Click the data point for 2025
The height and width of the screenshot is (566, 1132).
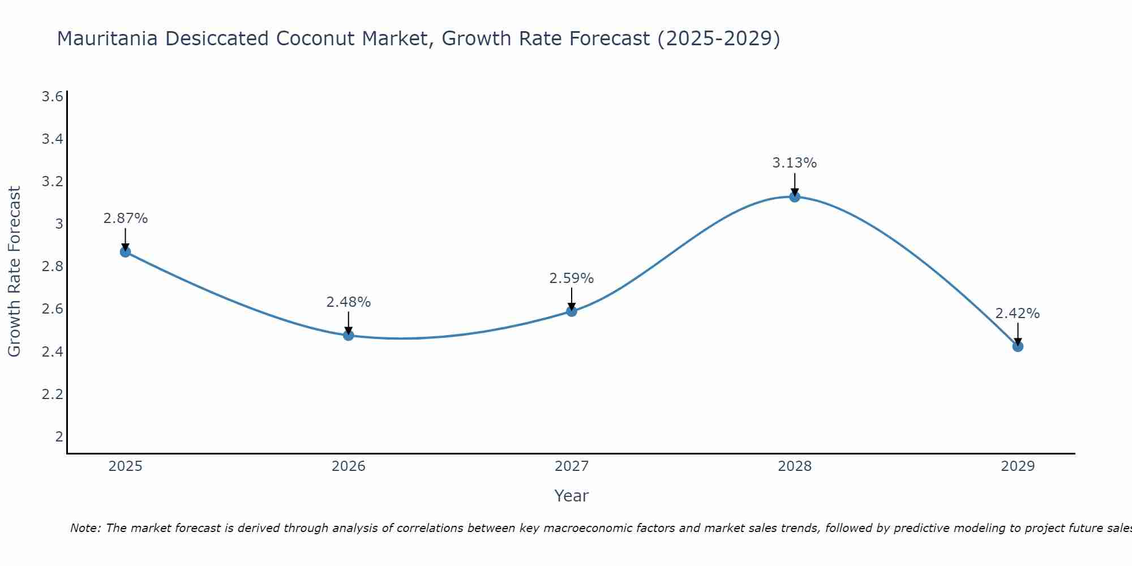(126, 252)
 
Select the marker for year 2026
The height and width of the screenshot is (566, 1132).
(349, 335)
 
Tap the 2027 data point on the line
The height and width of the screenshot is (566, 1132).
(572, 311)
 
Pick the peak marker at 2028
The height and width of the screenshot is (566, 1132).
(795, 196)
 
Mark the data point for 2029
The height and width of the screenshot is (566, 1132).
(1018, 346)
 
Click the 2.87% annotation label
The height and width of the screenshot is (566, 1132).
(126, 218)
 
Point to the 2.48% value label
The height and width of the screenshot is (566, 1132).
(349, 302)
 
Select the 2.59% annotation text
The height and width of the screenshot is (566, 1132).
(572, 278)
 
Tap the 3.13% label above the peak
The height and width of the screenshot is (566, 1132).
(795, 163)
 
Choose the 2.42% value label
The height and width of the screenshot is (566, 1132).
(1018, 314)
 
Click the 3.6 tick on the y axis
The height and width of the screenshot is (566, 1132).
(52, 97)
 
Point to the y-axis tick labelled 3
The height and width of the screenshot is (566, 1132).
(59, 224)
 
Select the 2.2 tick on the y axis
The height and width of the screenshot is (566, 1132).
(52, 394)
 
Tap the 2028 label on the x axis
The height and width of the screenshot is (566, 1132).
(795, 466)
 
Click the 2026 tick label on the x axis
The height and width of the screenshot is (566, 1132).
(349, 466)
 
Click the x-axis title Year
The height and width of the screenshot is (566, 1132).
(572, 496)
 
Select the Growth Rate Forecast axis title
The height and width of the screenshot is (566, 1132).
(15, 272)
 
